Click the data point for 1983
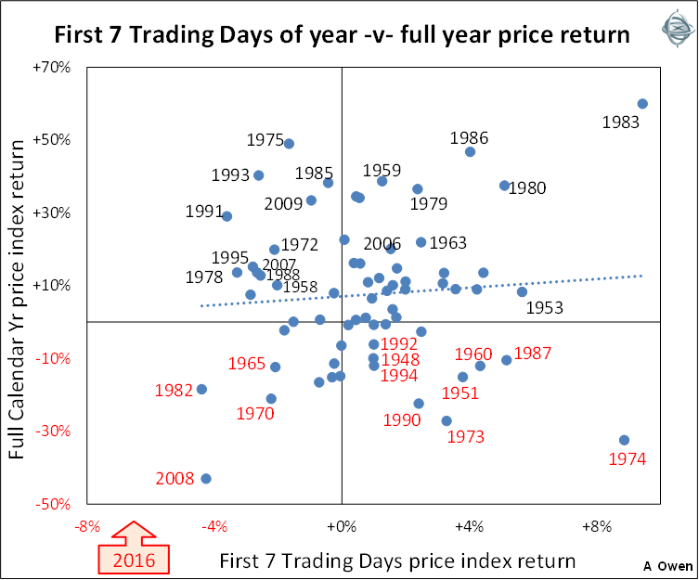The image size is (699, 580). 642,104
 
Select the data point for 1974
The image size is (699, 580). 624,440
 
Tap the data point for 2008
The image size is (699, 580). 206,479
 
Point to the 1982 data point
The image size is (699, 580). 201,389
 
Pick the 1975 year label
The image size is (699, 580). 265,140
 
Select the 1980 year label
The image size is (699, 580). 528,187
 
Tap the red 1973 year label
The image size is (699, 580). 466,435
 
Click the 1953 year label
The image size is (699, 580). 545,308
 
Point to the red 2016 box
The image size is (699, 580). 134,559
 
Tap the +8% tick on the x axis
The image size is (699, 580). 596,527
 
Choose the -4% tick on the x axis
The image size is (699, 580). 214,527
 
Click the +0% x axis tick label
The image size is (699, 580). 342,527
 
